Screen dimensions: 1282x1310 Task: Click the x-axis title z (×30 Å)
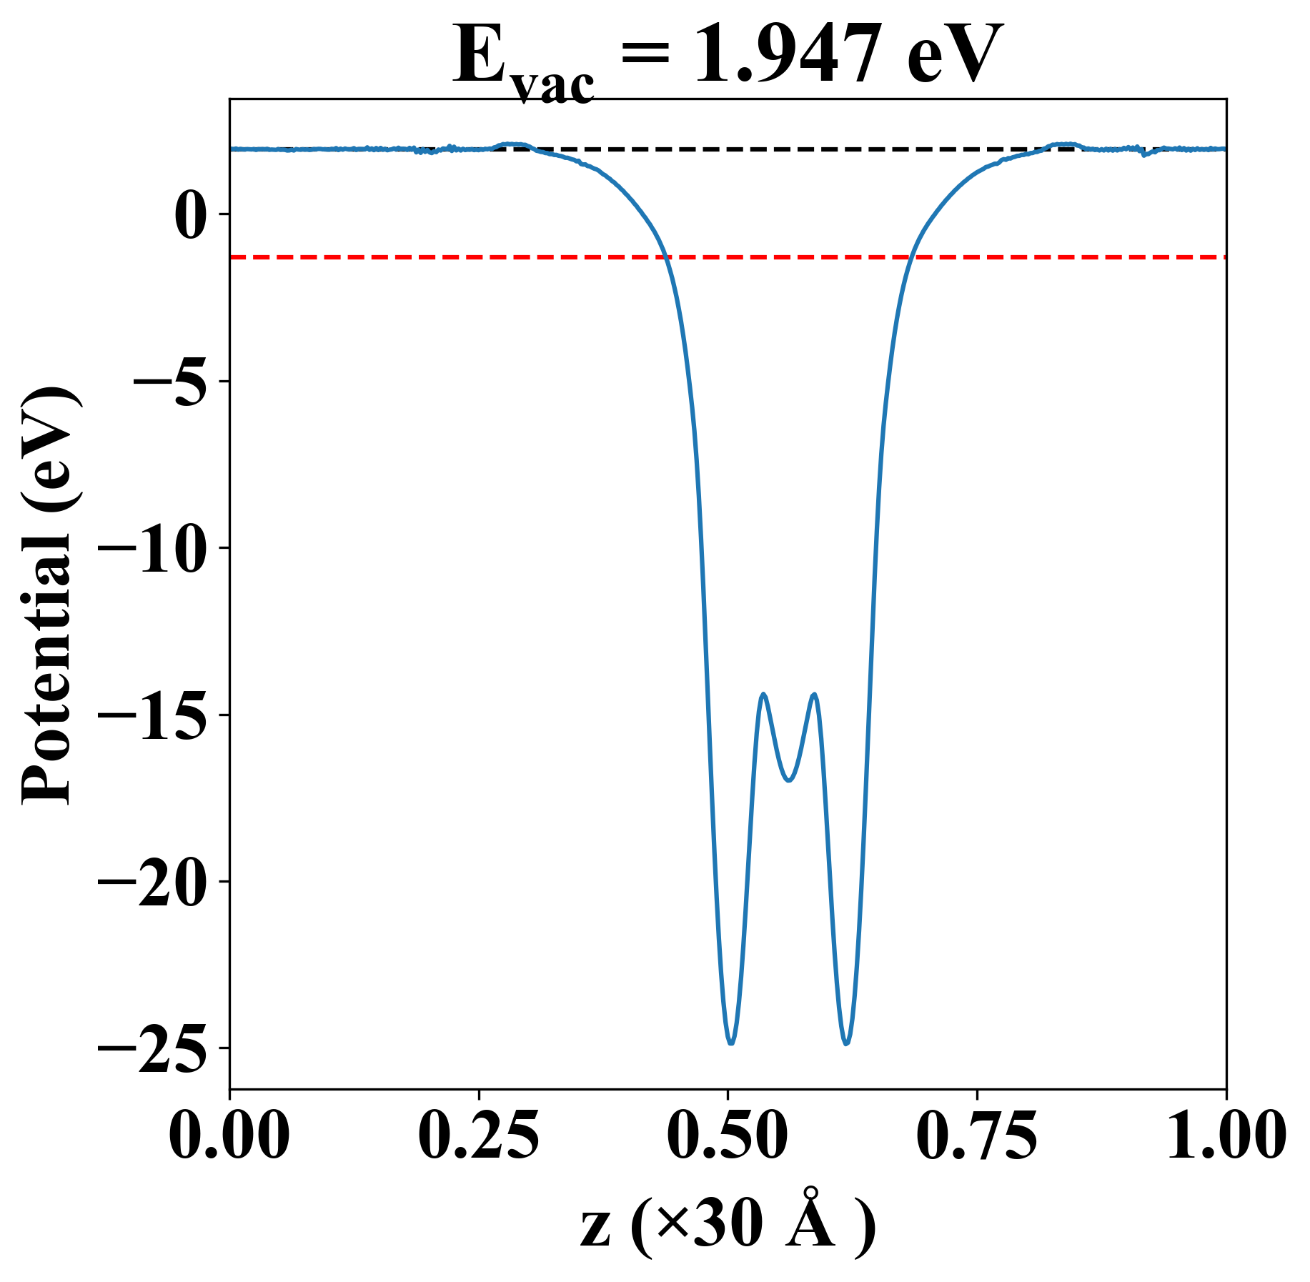coord(728,1228)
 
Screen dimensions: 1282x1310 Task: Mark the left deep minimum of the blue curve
coord(730,1043)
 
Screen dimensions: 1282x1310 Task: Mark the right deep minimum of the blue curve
coord(847,1044)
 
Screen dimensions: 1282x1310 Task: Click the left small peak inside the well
coord(763,694)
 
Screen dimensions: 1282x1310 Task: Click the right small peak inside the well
coord(813,694)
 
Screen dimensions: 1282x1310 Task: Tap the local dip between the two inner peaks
coord(788,780)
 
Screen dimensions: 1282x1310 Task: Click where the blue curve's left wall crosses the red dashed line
coord(665,257)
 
